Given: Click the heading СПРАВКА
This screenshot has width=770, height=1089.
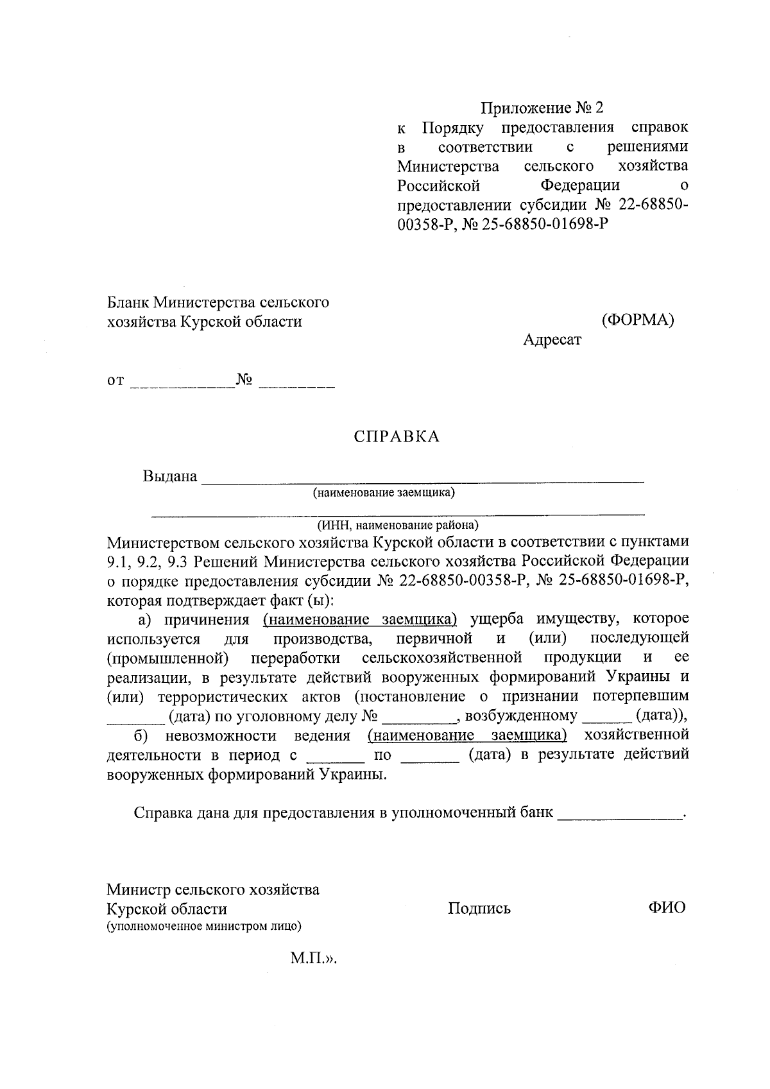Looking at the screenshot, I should (x=397, y=437).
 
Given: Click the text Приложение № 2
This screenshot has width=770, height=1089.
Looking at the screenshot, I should (x=543, y=108).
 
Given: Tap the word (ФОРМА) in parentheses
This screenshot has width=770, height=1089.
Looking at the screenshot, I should (x=637, y=320).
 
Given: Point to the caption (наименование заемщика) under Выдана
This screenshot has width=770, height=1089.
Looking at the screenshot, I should (x=384, y=493).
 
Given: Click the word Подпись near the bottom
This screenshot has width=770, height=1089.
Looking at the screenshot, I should (x=479, y=908).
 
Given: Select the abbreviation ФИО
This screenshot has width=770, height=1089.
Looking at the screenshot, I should (x=667, y=907).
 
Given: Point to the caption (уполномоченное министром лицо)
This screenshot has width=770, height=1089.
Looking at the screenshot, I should (x=204, y=926).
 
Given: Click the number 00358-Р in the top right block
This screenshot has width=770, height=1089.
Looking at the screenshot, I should (x=424, y=225).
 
